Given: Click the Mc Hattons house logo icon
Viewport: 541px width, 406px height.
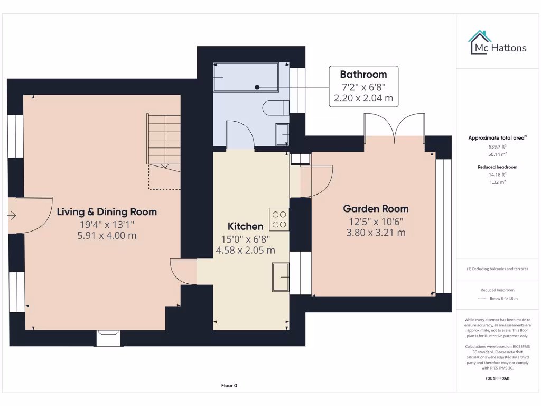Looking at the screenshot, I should (x=480, y=42).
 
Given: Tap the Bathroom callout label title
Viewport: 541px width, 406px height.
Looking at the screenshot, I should (x=363, y=75).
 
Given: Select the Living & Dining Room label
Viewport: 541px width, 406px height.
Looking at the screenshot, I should (x=107, y=212).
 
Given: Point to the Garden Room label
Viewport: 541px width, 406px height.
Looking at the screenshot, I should (x=376, y=209).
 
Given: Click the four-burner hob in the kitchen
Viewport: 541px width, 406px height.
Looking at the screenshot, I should (x=279, y=219).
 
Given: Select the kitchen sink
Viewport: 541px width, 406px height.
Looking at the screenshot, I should (x=281, y=276).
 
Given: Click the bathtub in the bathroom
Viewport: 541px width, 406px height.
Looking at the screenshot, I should (x=245, y=78).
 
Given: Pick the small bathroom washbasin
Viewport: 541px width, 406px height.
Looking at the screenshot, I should (x=282, y=134).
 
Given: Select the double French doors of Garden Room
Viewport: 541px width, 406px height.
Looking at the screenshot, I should (x=394, y=126).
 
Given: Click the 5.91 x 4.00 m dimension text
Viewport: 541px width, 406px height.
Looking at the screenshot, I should (x=107, y=235).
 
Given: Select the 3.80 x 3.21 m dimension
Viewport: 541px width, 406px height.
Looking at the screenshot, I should (x=376, y=232).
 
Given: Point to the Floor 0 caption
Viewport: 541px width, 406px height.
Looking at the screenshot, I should (x=229, y=385).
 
